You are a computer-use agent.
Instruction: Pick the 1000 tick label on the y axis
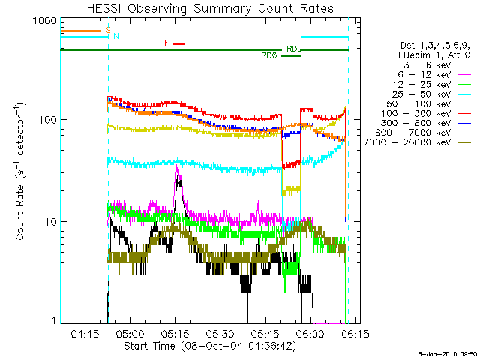[x=37, y=22]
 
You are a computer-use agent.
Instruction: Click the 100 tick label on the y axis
[x=43, y=120]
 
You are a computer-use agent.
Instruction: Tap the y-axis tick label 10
[x=46, y=222]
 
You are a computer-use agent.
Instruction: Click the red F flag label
[x=166, y=43]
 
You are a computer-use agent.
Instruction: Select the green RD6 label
[x=268, y=55]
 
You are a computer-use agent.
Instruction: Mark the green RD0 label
[x=294, y=49]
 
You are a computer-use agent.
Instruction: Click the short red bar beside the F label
[x=178, y=43]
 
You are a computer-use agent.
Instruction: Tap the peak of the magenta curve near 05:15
[x=177, y=169]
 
